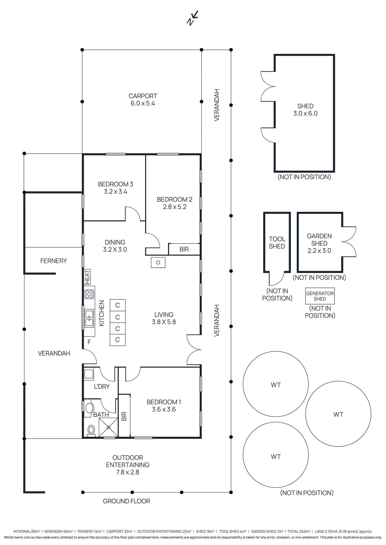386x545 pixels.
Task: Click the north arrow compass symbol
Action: point(192,18)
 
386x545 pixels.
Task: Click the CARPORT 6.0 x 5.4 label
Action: point(143,100)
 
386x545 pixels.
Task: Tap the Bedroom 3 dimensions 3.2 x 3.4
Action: point(115,192)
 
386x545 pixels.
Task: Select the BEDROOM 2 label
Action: point(174,199)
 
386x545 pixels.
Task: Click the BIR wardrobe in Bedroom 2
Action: point(184,249)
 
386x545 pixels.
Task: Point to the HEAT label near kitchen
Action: point(87,277)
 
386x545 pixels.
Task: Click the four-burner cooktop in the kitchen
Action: point(89,294)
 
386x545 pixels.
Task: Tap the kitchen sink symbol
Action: point(89,318)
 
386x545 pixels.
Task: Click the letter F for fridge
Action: point(89,342)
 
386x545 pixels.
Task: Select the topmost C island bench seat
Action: point(118,305)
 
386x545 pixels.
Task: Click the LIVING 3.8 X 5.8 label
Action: point(164,318)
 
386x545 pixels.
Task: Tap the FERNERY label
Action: point(53,261)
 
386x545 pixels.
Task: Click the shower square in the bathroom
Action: point(108,427)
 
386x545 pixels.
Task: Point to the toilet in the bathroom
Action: point(91,430)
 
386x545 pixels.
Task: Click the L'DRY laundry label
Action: point(102,387)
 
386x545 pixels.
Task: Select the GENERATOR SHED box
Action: point(320,296)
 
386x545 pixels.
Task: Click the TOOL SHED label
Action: point(277,243)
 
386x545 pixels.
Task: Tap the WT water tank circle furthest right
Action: point(338,414)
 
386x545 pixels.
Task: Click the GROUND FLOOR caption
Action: point(126,501)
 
